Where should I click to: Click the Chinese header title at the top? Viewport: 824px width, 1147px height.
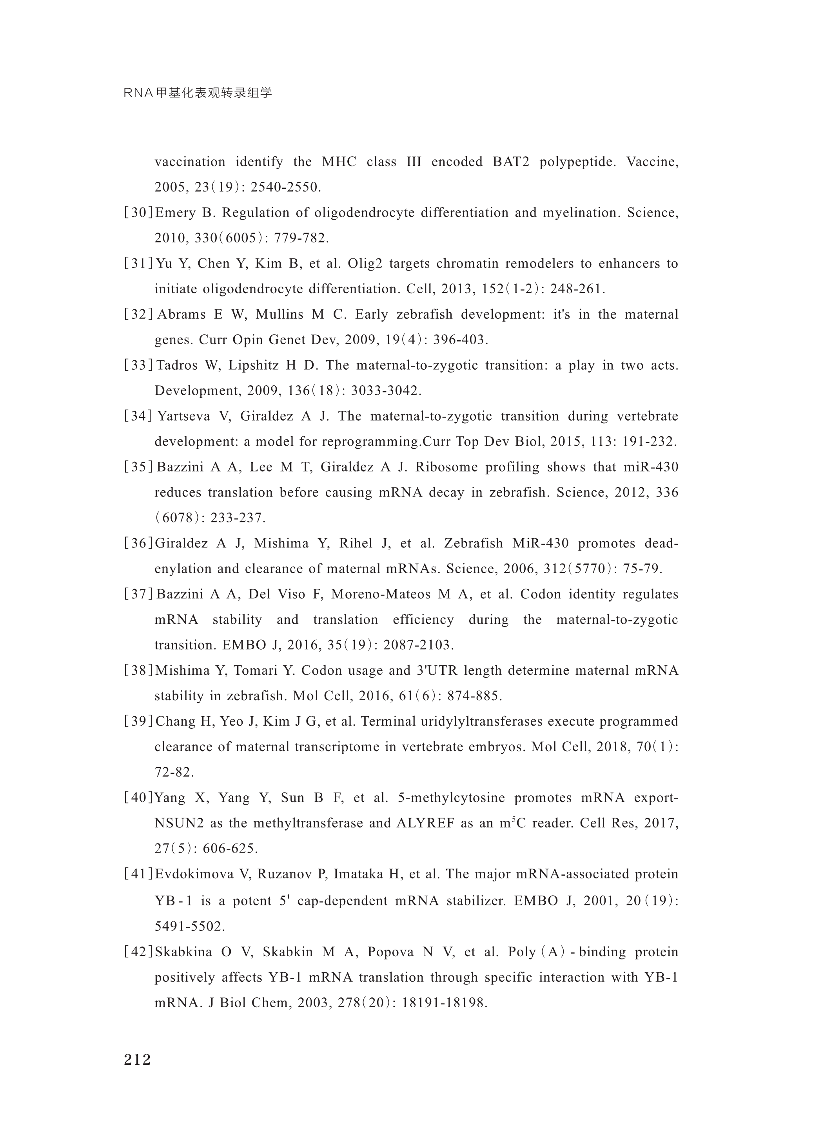pos(198,93)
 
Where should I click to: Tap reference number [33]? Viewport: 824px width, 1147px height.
pos(138,365)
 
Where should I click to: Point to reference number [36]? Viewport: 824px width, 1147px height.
pos(138,543)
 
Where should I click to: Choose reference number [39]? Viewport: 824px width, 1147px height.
pos(138,721)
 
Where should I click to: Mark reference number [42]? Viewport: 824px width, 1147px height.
pos(138,952)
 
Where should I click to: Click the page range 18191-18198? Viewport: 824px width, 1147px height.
pos(444,1002)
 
